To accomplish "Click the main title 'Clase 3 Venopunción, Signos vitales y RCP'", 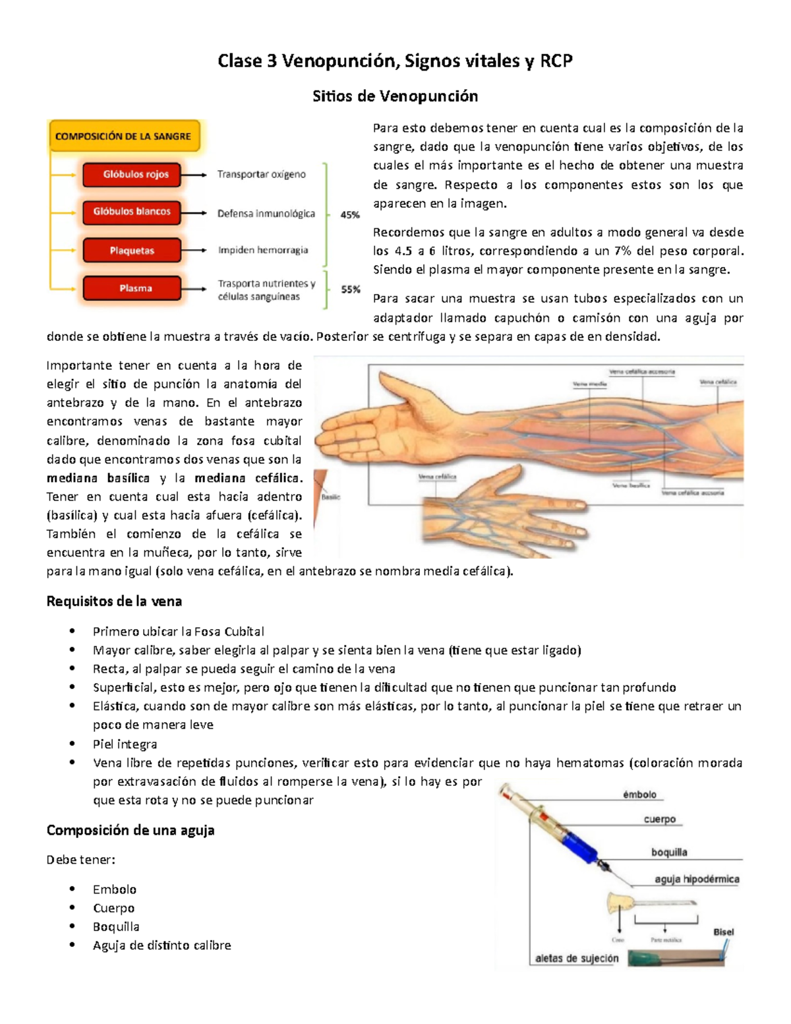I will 395,61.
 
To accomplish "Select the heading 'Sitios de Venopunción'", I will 395,96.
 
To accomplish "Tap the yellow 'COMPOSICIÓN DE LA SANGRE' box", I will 123,136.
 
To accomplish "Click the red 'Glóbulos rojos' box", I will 132,175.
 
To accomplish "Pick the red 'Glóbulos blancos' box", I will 132,212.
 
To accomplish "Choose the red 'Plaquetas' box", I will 132,251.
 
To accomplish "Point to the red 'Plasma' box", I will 132,288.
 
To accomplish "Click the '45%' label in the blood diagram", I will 350,215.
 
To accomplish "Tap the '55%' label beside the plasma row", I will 350,289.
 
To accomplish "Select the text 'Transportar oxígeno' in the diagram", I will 262,175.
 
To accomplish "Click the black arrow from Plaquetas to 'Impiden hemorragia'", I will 194,251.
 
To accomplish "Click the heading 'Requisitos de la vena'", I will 114,601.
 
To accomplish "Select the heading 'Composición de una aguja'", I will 131,830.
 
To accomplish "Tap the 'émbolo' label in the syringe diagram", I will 639,795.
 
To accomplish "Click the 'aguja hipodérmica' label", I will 697,879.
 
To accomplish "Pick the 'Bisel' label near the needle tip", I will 723,932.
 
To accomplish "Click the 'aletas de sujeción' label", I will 577,958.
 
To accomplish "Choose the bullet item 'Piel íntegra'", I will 125,744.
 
